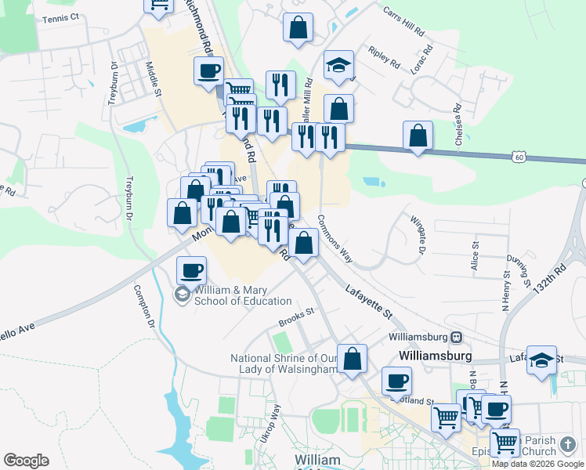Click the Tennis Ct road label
click(x=61, y=18)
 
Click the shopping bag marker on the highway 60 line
click(x=418, y=136)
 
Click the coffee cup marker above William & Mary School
click(x=192, y=271)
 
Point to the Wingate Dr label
click(x=416, y=234)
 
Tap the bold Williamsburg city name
click(x=435, y=355)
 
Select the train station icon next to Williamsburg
click(x=456, y=337)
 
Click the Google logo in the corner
click(x=26, y=461)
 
